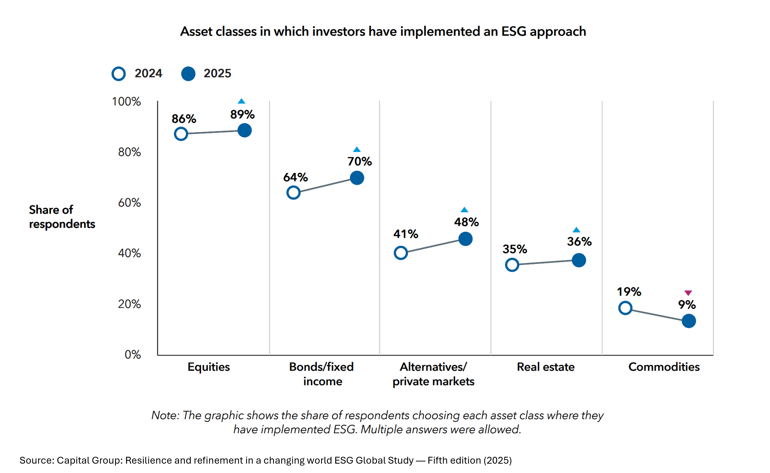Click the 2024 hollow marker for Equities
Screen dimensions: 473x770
point(181,134)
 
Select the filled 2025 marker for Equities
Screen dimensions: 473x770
point(244,130)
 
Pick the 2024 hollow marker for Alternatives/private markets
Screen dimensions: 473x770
point(401,253)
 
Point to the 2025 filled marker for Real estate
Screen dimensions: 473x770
point(579,260)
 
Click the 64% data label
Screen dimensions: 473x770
point(295,177)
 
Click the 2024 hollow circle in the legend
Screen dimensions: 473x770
point(119,74)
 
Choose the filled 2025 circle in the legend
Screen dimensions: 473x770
point(188,74)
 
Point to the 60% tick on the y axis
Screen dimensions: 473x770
point(129,203)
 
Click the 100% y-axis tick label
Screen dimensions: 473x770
point(126,102)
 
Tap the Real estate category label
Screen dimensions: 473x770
point(545,367)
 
